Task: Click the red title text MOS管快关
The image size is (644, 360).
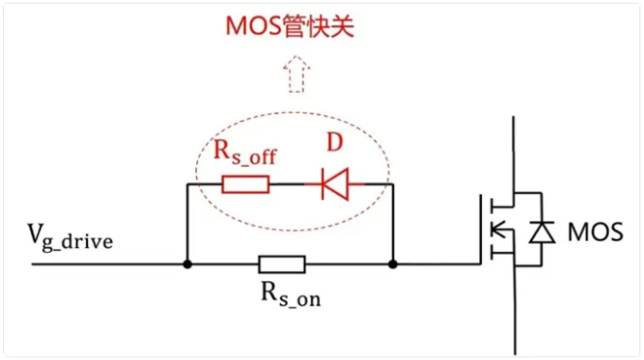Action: coord(289,27)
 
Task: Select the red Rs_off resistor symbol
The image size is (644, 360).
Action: coord(245,184)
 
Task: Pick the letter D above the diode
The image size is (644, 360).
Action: coord(334,143)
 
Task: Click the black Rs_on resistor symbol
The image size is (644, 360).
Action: coord(281,263)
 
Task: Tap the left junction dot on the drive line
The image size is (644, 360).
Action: coord(188,263)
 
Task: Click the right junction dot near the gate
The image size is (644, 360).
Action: coord(393,263)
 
